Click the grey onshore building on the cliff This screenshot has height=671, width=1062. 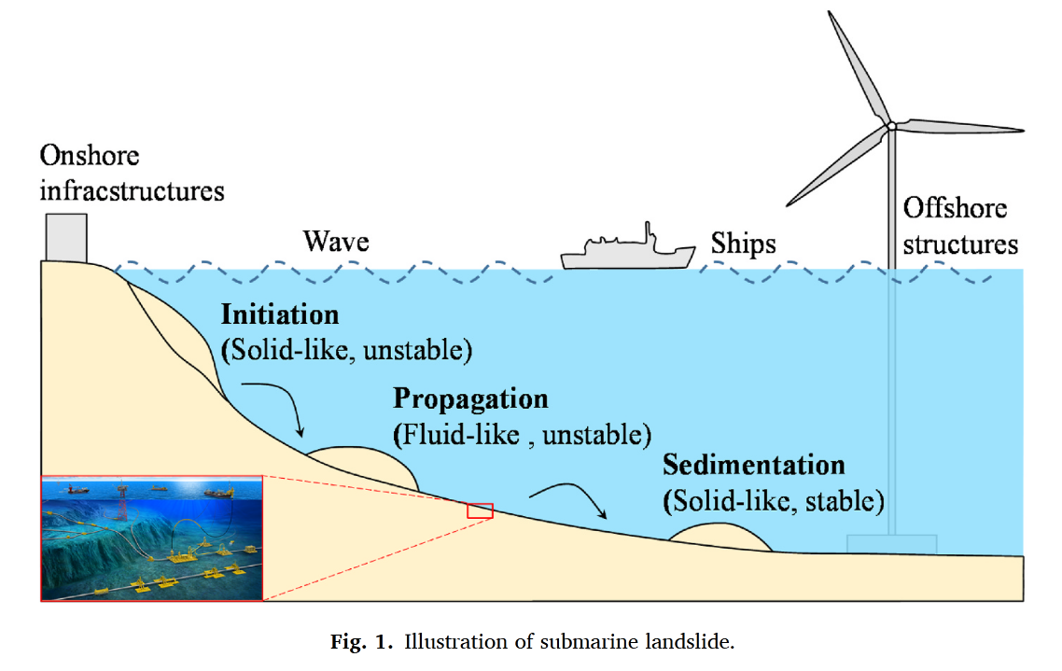click(x=66, y=238)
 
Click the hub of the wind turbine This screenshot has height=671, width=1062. click(x=891, y=126)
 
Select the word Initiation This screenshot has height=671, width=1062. click(x=280, y=315)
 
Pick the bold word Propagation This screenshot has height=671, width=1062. click(x=470, y=399)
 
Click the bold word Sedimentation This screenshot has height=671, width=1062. click(x=754, y=465)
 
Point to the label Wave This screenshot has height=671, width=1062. click(x=336, y=242)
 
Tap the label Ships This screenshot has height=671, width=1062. click(x=743, y=244)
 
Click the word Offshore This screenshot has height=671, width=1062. click(x=955, y=208)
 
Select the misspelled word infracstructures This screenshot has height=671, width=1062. click(x=133, y=191)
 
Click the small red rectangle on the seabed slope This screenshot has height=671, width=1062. click(x=481, y=510)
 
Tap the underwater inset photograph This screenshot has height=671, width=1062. click(x=152, y=538)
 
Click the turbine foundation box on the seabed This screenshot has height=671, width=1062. click(x=892, y=544)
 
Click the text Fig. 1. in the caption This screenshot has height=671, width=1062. click(x=361, y=641)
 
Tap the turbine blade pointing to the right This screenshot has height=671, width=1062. click(x=962, y=126)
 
